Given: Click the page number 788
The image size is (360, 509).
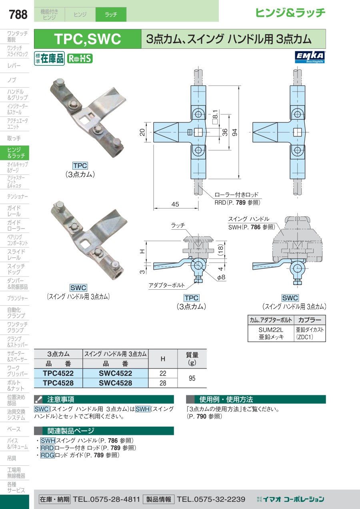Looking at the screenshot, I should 18,15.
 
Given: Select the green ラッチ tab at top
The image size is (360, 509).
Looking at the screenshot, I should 111,14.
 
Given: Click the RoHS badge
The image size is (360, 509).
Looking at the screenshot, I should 80,58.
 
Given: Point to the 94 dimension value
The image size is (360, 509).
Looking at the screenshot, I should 236,132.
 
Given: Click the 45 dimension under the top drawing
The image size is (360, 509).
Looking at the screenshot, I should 175,204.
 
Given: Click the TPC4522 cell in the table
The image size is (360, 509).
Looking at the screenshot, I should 58,373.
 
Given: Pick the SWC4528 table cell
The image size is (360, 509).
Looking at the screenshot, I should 115,383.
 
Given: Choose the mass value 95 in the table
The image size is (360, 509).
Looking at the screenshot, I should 192,378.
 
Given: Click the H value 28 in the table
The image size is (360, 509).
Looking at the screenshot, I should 163,383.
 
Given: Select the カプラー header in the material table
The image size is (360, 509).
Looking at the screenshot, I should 310,320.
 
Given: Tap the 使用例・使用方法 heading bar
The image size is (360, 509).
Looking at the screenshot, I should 226,399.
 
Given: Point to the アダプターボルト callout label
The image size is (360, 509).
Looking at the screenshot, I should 167,285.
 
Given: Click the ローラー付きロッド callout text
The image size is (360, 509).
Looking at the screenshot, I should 236,195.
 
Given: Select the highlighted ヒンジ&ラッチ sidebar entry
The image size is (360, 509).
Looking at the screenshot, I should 16,153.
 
